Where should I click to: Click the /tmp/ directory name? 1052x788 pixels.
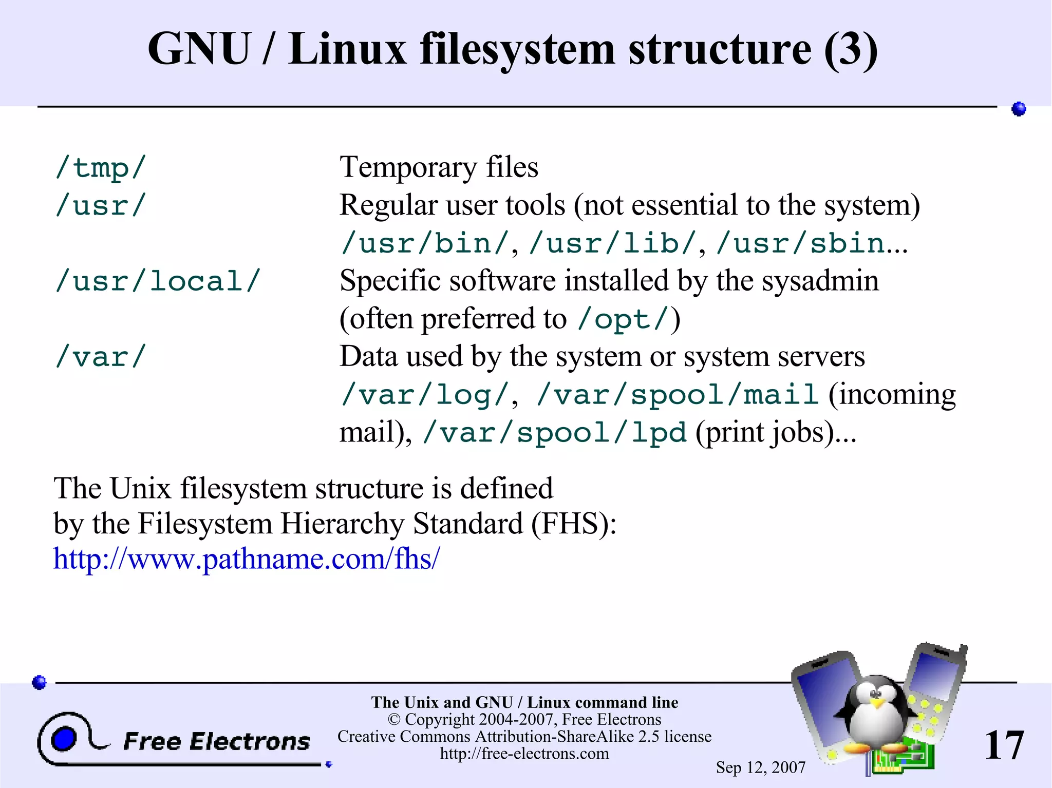(x=101, y=168)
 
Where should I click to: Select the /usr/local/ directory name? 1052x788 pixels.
(x=158, y=281)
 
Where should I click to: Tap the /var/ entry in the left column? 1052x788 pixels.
(x=101, y=357)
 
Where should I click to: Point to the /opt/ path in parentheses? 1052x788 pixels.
(x=624, y=319)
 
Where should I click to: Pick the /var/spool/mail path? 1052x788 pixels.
(x=677, y=395)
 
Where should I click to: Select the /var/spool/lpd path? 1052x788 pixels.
(x=554, y=433)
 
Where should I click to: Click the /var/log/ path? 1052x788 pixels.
(x=425, y=395)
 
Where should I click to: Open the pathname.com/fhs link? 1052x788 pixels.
(x=247, y=559)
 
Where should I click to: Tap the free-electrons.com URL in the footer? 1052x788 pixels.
(x=524, y=754)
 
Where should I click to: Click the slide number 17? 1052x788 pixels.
(x=1004, y=745)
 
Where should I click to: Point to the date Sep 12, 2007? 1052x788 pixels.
(x=760, y=767)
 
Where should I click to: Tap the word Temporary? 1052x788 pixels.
(x=408, y=167)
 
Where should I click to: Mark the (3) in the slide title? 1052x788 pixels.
(x=851, y=49)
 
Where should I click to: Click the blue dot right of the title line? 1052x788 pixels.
(x=1019, y=109)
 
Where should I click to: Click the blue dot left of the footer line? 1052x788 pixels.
(x=40, y=682)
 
